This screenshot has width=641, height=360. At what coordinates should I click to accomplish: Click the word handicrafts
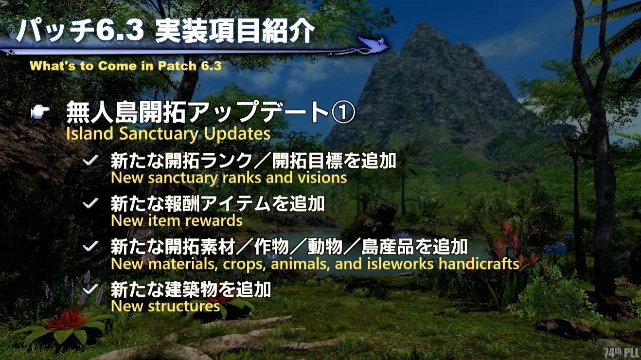[479, 264]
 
